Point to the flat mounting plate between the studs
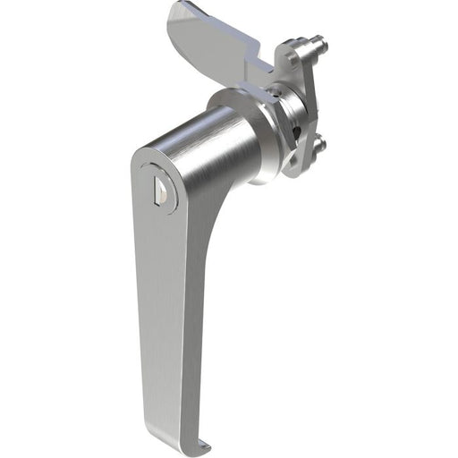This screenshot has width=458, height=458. (309, 98)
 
